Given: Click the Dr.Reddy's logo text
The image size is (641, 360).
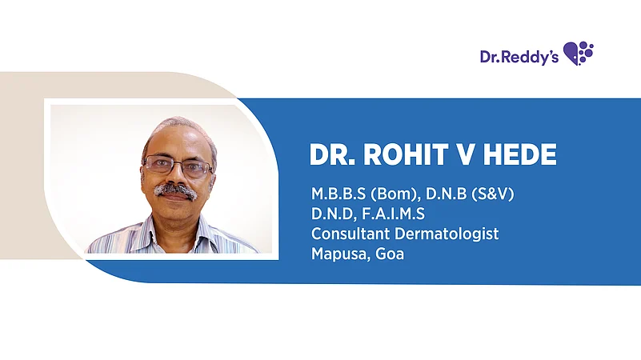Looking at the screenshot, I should [519, 56].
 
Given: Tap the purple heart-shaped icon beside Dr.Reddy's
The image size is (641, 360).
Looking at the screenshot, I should [579, 54].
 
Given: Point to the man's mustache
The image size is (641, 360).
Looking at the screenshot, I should [175, 190].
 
